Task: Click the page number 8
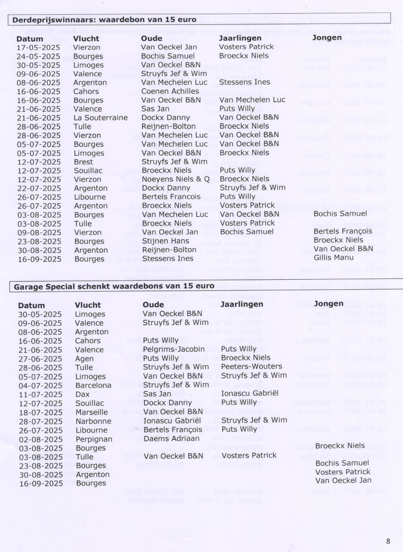(388, 541)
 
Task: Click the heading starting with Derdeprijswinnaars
(104, 20)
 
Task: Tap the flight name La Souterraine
(100, 117)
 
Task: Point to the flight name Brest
(83, 161)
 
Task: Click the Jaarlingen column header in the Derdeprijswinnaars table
(240, 38)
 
